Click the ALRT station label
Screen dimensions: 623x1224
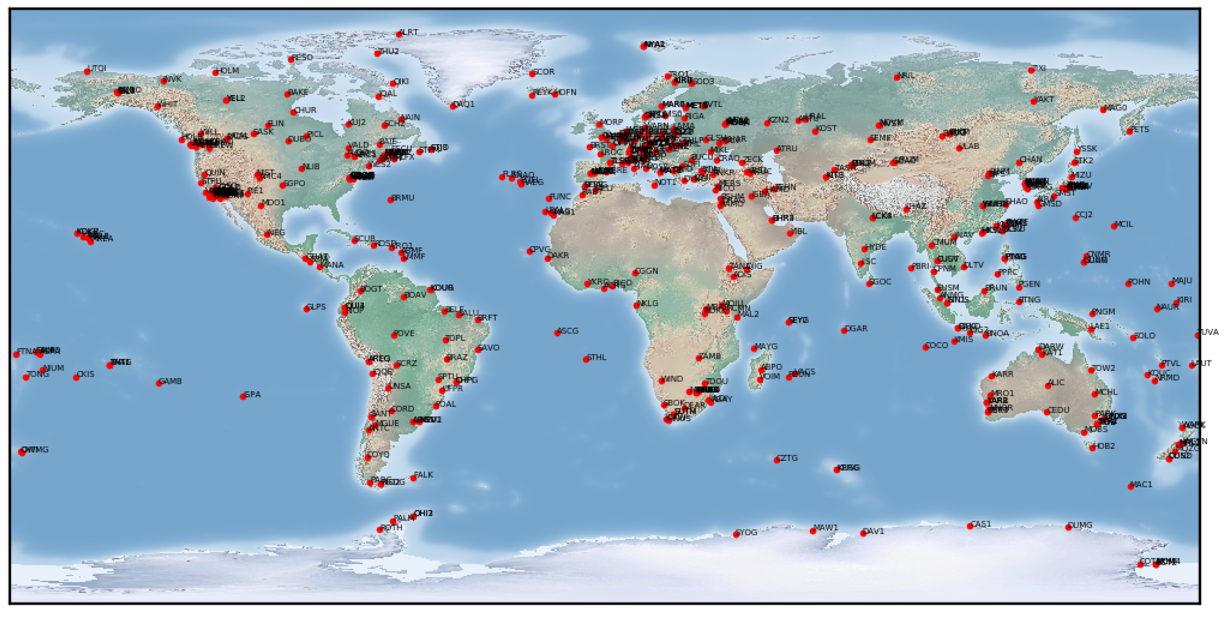pyautogui.click(x=409, y=32)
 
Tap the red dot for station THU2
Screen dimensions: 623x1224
pyautogui.click(x=377, y=54)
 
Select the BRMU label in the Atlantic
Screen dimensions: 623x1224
pyautogui.click(x=403, y=198)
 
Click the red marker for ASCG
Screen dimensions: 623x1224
pyautogui.click(x=557, y=333)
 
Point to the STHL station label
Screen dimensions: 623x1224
pyautogui.click(x=597, y=357)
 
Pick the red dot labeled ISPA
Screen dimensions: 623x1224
pyautogui.click(x=243, y=397)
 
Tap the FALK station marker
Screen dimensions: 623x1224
pyautogui.click(x=413, y=478)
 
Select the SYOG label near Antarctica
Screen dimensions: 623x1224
pyautogui.click(x=747, y=532)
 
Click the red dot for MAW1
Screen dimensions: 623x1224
pyautogui.click(x=813, y=531)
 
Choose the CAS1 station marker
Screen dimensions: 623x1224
pyautogui.click(x=970, y=526)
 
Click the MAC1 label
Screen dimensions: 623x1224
pyautogui.click(x=1142, y=484)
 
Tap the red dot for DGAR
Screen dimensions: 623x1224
pyautogui.click(x=844, y=331)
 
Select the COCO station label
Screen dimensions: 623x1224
pyautogui.click(x=938, y=345)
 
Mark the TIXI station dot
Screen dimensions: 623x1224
pyautogui.click(x=1031, y=70)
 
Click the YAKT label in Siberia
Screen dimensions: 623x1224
pyautogui.click(x=1045, y=99)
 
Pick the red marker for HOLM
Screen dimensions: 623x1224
pyautogui.click(x=216, y=73)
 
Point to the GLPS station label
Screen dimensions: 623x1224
pyautogui.click(x=317, y=307)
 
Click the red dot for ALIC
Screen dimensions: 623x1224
pyautogui.click(x=1048, y=386)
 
